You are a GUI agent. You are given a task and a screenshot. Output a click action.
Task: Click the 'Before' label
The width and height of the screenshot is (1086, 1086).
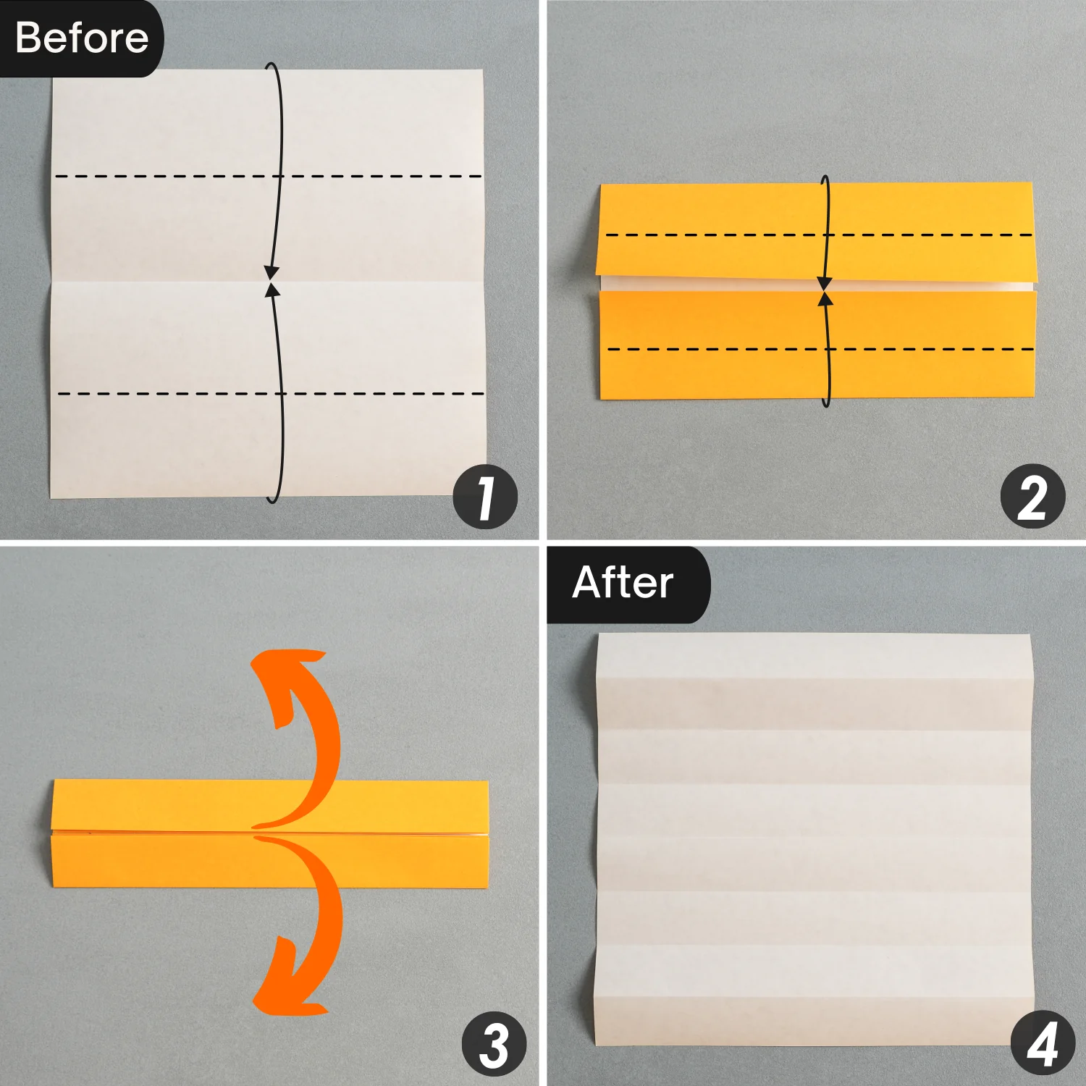pos(81,38)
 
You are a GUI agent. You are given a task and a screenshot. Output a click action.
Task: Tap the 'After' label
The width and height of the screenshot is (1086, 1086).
pos(623,583)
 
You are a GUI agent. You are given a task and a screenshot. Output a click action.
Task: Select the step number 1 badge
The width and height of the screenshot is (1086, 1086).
pos(485,497)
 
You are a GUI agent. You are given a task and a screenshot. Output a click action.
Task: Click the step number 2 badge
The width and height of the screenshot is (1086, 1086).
pos(1032,497)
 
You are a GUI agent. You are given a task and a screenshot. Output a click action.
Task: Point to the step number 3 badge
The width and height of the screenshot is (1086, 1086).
pos(494,1044)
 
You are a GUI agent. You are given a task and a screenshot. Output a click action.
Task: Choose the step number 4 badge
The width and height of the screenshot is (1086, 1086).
pos(1043,1044)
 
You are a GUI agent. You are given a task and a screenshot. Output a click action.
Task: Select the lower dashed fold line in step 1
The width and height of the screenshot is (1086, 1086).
pos(271,394)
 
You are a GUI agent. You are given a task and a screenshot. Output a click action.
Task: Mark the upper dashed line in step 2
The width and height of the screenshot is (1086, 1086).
pos(819,235)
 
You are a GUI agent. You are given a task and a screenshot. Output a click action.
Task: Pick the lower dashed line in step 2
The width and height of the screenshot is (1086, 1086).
pos(820,349)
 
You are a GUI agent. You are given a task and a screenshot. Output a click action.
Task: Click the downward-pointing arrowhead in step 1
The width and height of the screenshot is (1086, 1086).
pos(271,273)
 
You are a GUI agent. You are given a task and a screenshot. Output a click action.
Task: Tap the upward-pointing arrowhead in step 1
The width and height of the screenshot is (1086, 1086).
pos(272,290)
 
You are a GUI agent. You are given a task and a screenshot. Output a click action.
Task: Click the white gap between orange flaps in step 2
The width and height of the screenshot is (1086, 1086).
pos(817,284)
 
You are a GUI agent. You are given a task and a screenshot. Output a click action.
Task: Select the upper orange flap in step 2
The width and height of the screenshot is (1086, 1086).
pos(817,231)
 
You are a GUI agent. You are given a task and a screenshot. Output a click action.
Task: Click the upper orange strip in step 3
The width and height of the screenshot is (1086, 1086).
pos(271,805)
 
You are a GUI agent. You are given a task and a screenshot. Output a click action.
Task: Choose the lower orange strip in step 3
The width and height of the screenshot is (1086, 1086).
pos(269,861)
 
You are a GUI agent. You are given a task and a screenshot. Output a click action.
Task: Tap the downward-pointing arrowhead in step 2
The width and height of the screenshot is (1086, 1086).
pos(824,283)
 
